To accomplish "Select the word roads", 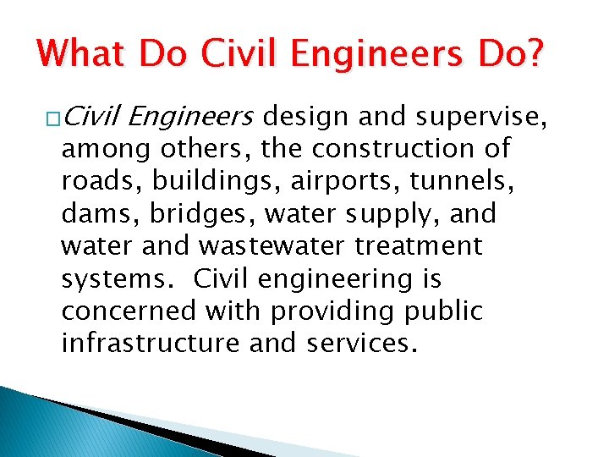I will (90, 181).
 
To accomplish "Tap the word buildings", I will (182, 182).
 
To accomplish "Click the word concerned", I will (129, 311).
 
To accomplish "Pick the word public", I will (445, 312).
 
